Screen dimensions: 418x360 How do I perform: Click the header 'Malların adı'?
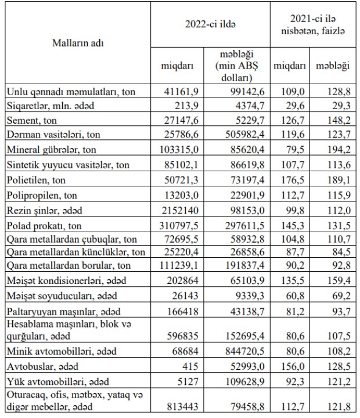pyautogui.click(x=80, y=43)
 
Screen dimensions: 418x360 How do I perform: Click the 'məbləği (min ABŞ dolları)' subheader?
pyautogui.click(x=235, y=66)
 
